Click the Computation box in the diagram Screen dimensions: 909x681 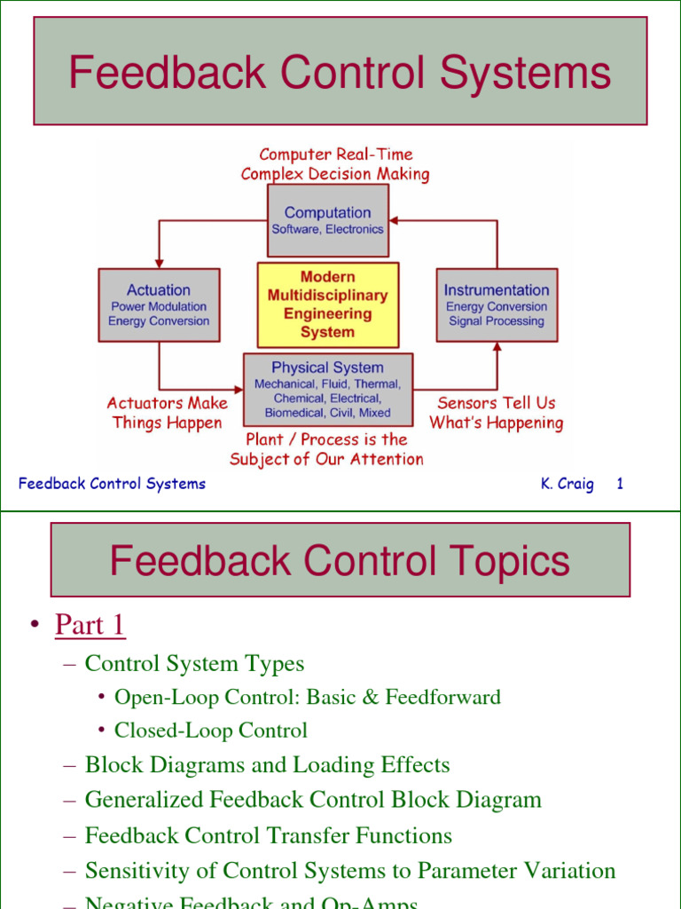[x=328, y=219]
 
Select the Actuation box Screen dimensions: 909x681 [x=159, y=304]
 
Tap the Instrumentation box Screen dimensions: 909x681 [x=497, y=304]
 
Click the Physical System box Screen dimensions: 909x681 [x=328, y=389]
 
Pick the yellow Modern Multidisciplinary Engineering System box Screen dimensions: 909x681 [x=328, y=304]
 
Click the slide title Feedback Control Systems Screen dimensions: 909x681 [x=340, y=72]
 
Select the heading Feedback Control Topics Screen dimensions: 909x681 [x=340, y=560]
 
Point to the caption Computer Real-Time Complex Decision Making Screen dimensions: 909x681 [x=335, y=164]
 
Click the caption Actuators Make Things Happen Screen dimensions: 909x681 [x=167, y=413]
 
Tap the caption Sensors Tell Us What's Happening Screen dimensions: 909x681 [x=497, y=413]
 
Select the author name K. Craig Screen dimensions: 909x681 [x=567, y=484]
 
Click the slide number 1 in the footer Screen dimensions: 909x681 [x=620, y=484]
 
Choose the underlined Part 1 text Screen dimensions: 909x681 [x=90, y=626]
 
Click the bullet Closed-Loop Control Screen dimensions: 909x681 [x=211, y=731]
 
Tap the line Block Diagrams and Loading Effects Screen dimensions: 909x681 [x=267, y=765]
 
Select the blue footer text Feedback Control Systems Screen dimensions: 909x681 [x=112, y=484]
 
